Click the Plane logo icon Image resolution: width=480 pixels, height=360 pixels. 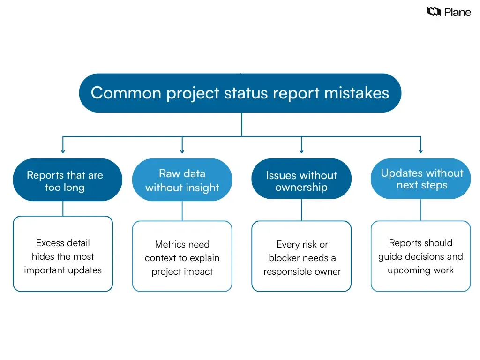click(434, 12)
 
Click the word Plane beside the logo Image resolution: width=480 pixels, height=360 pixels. click(457, 12)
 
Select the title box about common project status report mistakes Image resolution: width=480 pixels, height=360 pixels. click(240, 93)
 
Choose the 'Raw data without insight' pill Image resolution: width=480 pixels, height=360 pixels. click(182, 180)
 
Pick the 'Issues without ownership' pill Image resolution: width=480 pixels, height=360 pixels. click(301, 181)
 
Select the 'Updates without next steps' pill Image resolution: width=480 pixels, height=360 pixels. click(420, 179)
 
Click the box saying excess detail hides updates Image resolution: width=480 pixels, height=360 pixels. click(63, 254)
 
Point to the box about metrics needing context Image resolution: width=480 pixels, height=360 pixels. click(182, 256)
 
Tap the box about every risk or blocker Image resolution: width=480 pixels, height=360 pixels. click(301, 256)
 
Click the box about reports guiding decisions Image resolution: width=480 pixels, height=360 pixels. click(420, 256)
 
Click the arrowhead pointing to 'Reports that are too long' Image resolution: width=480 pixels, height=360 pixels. click(63, 151)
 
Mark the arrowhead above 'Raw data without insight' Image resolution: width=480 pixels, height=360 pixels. click(182, 151)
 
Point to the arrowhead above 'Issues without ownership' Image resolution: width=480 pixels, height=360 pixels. click(301, 151)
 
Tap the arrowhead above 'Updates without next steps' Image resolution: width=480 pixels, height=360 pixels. click(420, 151)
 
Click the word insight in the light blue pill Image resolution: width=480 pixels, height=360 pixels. click(202, 187)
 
